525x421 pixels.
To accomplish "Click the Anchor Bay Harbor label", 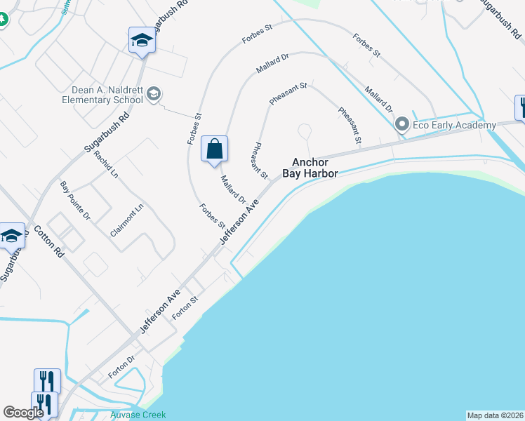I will pos(310,166).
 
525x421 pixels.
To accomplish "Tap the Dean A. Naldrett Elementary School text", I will pos(107,95).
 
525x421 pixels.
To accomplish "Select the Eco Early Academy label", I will pos(446,125).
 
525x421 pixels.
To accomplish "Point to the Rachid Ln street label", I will pos(104,163).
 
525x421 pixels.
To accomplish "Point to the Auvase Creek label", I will pos(138,415).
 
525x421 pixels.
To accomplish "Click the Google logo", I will pos(23,413).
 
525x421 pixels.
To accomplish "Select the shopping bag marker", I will pos(214,149).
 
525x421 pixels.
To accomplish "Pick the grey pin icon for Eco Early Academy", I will pos(401,125).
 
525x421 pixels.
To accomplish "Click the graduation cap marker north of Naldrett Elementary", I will pos(142,40).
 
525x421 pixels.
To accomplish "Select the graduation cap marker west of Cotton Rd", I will pos(12,236).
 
